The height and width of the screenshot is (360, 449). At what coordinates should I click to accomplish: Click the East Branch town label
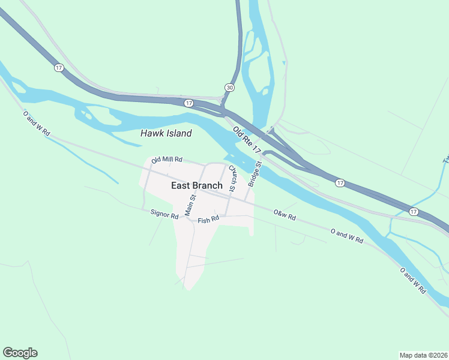196,185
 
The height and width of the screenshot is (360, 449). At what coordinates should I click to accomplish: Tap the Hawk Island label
166,133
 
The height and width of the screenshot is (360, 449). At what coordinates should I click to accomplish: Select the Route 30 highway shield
229,88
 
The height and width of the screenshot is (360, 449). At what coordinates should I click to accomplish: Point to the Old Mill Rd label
167,160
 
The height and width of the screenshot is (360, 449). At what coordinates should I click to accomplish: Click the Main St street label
191,205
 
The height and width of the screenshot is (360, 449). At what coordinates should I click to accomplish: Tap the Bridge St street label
255,173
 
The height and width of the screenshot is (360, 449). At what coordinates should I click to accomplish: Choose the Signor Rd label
164,214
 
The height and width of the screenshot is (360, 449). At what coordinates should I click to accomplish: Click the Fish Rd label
208,220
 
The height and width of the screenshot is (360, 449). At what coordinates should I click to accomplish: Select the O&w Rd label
285,214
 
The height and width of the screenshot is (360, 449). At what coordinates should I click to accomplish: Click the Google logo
20,353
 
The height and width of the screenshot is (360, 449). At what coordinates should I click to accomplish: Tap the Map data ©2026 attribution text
423,355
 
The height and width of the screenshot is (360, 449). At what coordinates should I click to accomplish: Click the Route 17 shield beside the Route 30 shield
188,103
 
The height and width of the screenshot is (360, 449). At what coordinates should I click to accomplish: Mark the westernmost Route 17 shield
58,68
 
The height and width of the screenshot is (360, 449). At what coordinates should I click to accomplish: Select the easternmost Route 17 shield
414,212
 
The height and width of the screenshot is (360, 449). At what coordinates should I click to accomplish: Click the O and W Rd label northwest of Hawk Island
36,123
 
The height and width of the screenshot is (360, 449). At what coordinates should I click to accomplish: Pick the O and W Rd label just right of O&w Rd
347,235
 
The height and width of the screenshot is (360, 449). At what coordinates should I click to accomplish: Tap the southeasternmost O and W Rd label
412,281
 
